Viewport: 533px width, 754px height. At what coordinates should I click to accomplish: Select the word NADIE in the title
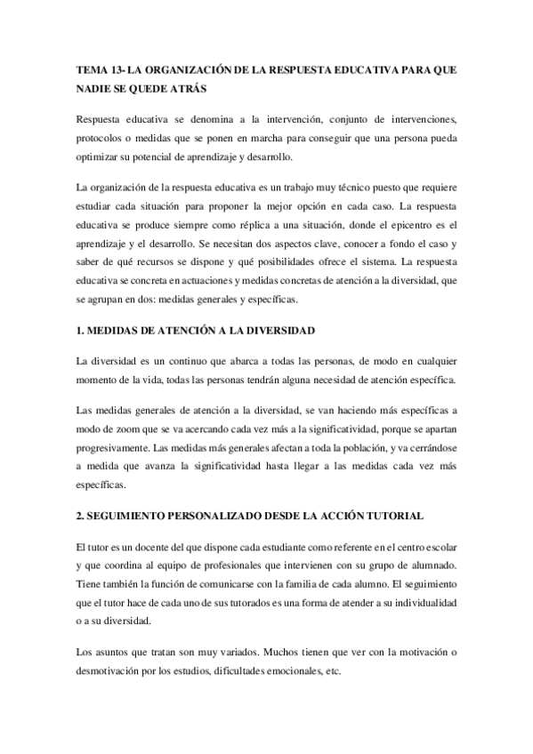pyautogui.click(x=94, y=89)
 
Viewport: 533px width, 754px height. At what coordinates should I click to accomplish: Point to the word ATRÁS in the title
pyautogui.click(x=194, y=89)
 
